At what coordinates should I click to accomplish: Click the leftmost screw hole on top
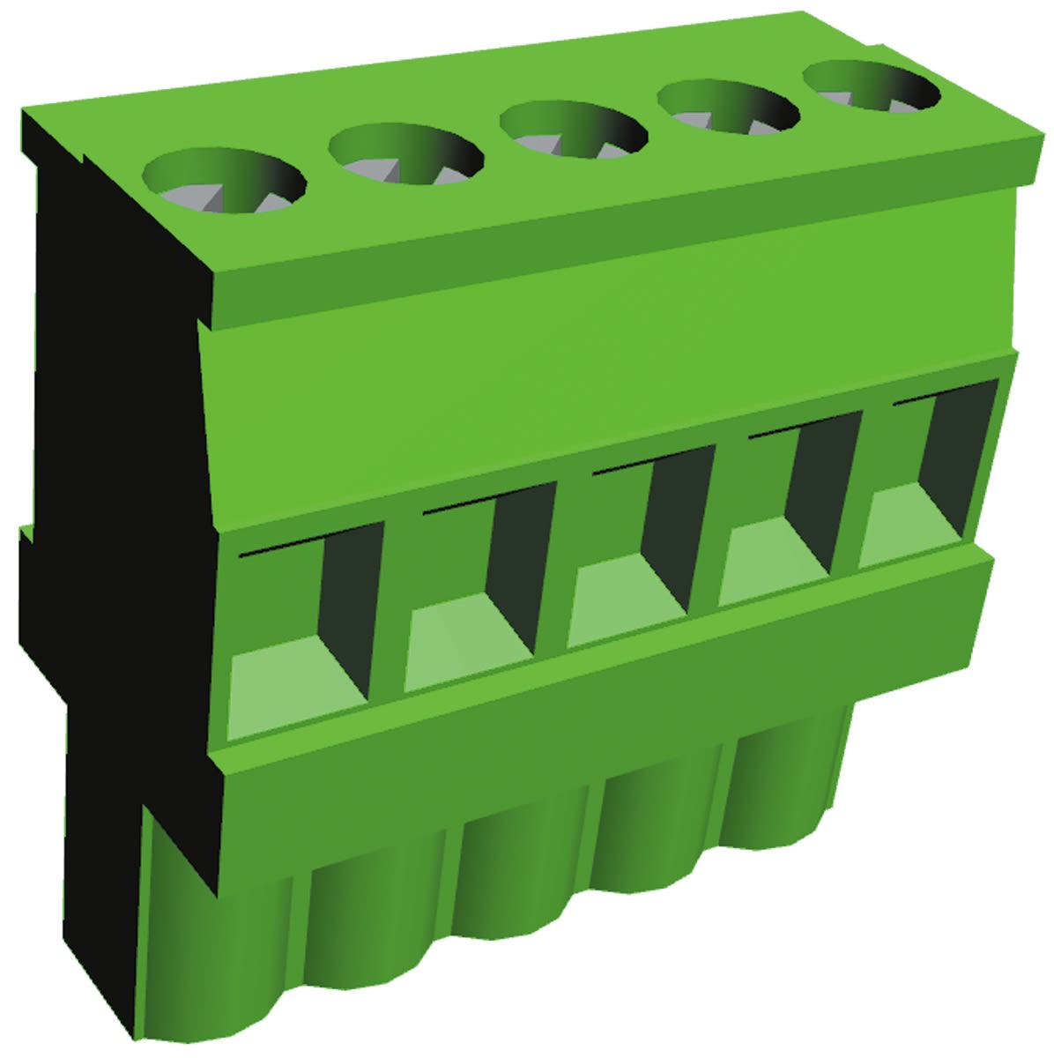click(x=224, y=183)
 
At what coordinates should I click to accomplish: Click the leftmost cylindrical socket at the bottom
click(x=220, y=952)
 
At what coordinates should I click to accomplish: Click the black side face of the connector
click(x=115, y=529)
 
